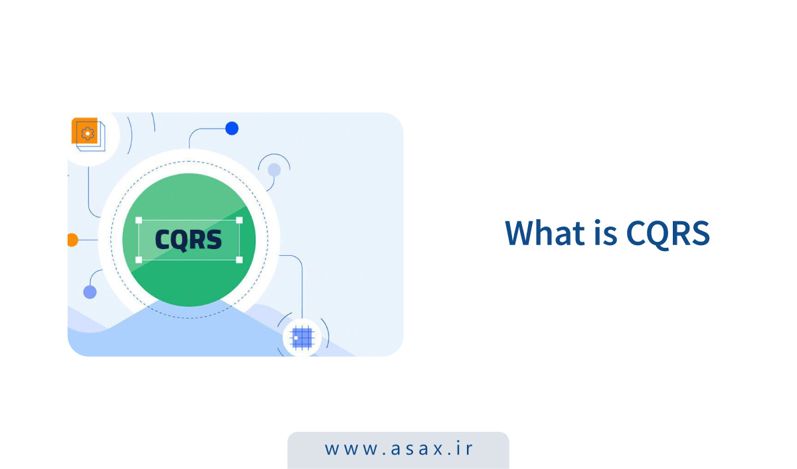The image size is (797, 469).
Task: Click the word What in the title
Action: (543, 233)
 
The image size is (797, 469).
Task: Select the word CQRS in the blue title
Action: (667, 233)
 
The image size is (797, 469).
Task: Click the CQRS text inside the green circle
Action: (189, 239)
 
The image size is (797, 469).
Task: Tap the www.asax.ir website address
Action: (398, 448)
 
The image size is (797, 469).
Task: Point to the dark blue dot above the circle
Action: (232, 128)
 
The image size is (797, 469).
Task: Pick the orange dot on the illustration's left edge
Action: (72, 240)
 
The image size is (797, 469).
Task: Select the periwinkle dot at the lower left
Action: (90, 292)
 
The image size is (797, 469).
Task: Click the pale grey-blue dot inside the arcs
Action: (274, 170)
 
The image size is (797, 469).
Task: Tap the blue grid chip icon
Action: (302, 338)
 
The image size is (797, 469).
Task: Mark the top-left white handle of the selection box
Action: (139, 220)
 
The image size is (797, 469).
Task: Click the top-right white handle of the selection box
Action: (239, 220)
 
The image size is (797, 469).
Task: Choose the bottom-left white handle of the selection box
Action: (139, 260)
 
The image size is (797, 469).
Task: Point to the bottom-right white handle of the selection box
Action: (239, 260)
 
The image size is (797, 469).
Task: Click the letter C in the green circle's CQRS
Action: (163, 239)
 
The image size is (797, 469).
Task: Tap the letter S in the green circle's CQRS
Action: (214, 239)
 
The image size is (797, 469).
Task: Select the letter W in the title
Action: (520, 233)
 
